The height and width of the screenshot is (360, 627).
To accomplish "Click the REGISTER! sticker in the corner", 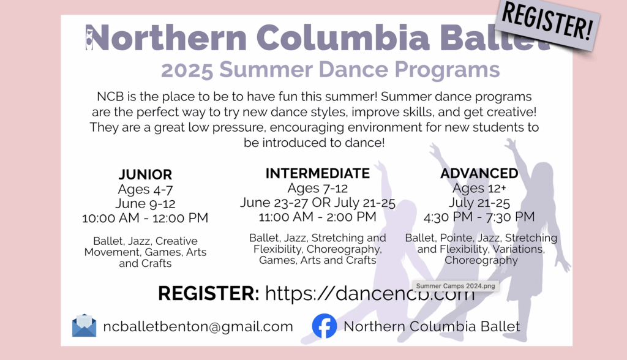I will click(546, 25).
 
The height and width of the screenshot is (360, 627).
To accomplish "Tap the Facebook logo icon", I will click(325, 326).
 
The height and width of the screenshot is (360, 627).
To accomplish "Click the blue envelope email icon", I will click(84, 326).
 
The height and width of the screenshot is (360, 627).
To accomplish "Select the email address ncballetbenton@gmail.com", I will click(198, 326).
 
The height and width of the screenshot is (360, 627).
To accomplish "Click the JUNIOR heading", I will click(145, 174).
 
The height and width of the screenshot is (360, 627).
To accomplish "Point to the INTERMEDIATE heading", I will click(317, 173).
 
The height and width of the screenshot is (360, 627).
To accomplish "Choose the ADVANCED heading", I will click(479, 173).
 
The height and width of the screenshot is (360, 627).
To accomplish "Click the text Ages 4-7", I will click(145, 189).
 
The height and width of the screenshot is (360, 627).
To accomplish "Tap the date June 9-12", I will click(145, 203).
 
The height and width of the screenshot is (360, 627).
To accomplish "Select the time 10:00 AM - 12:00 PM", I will click(145, 218).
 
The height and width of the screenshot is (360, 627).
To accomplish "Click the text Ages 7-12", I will click(317, 188).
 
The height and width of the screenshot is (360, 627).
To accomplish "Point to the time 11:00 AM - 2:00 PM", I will click(317, 216).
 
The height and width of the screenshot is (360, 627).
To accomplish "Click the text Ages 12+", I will click(479, 188).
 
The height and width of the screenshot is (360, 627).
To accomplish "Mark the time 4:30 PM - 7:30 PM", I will click(479, 217).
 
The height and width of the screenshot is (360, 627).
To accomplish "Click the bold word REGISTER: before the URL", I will click(208, 293).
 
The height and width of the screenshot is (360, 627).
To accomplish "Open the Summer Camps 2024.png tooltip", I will click(448, 285).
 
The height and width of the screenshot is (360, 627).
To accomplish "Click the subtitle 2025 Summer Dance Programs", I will click(331, 70).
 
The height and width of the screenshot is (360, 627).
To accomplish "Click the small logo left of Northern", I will click(89, 37).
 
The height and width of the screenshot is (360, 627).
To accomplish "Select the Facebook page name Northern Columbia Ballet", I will click(432, 326).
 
